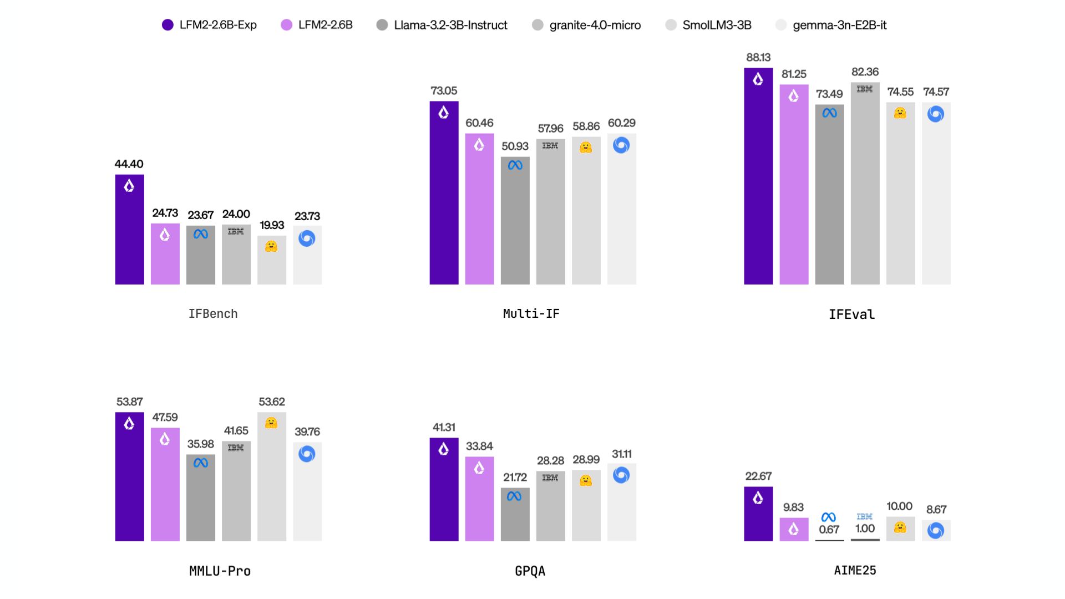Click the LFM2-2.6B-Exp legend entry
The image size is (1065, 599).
(x=209, y=25)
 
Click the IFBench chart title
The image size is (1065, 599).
(x=213, y=314)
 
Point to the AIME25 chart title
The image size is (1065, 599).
(x=855, y=570)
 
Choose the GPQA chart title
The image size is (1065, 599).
(x=530, y=571)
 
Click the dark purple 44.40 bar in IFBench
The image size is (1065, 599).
(x=129, y=238)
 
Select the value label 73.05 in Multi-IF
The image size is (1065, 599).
(x=444, y=90)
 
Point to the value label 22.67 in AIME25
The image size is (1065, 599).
(x=758, y=476)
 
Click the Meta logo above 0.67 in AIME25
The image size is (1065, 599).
(x=829, y=517)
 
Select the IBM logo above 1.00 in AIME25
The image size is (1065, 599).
(x=864, y=516)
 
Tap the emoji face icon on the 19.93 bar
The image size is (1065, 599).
(x=271, y=246)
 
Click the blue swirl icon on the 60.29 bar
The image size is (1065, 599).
(x=621, y=145)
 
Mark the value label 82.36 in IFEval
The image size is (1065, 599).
(x=865, y=72)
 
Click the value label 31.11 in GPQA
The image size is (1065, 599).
(x=621, y=454)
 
